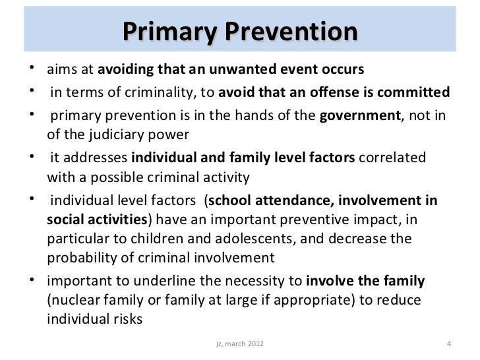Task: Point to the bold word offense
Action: (330, 92)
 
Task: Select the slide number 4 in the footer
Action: (448, 344)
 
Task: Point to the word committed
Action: (421, 92)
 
